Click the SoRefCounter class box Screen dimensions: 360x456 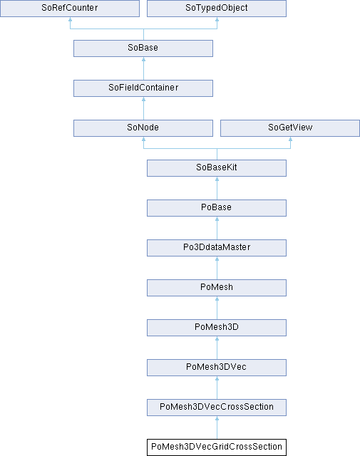[70, 8]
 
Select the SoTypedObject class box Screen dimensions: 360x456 [217, 8]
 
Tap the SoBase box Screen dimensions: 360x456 [143, 48]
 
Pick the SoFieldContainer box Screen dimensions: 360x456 [143, 88]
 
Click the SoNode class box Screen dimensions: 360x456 [143, 128]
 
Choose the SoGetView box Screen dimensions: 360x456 [290, 128]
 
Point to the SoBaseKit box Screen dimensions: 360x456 [217, 168]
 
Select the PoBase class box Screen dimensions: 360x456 [217, 208]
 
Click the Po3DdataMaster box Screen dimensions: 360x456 [217, 248]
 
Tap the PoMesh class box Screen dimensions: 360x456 [217, 288]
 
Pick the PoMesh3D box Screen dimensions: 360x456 [217, 328]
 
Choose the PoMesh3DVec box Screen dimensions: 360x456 [217, 368]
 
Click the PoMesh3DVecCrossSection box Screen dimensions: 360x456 [217, 408]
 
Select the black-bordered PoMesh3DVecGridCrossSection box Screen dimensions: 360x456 [217, 447]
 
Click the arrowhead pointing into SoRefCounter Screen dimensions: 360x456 [70, 19]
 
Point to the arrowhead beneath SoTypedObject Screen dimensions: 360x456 [217, 19]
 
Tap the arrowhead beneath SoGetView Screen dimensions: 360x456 [290, 139]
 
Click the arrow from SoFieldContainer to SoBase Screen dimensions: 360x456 [143, 68]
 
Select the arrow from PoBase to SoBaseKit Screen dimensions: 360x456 [217, 188]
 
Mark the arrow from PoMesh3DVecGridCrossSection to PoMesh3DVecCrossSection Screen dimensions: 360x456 [217, 427]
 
